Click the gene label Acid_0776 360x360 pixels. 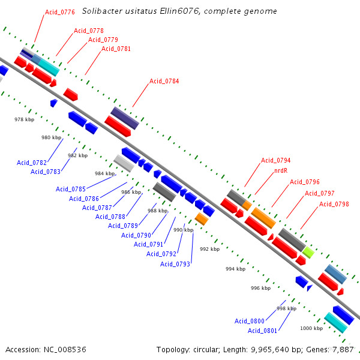(x=60, y=12)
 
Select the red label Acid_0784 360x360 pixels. (x=164, y=81)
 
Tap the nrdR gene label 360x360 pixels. (x=281, y=171)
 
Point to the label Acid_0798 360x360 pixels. (x=334, y=205)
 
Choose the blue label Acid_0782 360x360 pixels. (x=32, y=163)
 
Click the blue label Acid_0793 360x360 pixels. (x=175, y=264)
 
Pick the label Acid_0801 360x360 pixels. (x=262, y=331)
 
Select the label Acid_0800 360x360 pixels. (x=249, y=321)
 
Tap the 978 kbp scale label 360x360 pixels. (x=25, y=119)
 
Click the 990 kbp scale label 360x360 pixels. (x=184, y=230)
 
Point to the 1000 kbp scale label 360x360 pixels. (x=311, y=328)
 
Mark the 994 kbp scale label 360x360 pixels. (x=236, y=269)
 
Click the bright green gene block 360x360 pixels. (x=308, y=252)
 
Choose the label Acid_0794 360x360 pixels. (x=275, y=160)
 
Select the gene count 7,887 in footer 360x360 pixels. (x=342, y=349)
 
